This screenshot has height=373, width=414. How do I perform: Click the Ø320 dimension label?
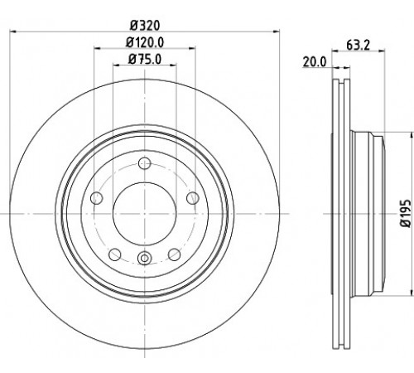(x=145, y=26)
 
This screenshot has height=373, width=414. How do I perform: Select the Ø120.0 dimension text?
(x=145, y=42)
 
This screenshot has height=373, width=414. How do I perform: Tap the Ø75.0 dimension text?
(x=145, y=59)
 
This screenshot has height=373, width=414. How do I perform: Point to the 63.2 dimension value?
(x=358, y=45)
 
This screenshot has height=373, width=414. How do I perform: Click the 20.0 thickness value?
(x=315, y=62)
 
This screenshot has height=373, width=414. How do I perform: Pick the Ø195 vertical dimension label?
(x=406, y=213)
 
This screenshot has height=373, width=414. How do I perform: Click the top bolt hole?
(x=144, y=163)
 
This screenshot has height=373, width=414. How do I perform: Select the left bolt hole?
(x=97, y=198)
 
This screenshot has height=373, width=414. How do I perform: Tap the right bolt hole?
(x=192, y=198)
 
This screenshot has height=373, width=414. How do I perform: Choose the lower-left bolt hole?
(x=115, y=254)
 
